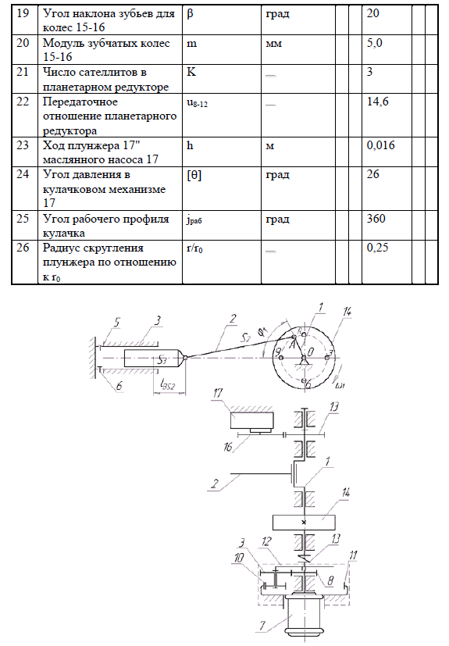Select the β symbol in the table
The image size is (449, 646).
point(190,14)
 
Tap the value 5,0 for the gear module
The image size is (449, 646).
point(375,43)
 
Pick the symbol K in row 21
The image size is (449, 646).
point(191,72)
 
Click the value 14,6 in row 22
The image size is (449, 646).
point(378,102)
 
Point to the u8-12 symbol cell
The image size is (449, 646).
point(198,103)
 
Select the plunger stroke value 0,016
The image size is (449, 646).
point(380,145)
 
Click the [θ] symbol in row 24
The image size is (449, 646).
point(194,175)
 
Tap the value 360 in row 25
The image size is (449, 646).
point(376,218)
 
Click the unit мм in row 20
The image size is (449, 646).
point(273,44)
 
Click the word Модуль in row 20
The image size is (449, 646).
point(66,43)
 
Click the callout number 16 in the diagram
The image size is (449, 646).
point(228,446)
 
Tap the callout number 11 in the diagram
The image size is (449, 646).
point(353,555)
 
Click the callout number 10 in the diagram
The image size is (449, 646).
point(239,558)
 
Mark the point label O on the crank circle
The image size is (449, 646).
point(311,352)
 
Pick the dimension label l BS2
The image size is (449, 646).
point(168,386)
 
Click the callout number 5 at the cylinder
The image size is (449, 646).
point(116,322)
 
